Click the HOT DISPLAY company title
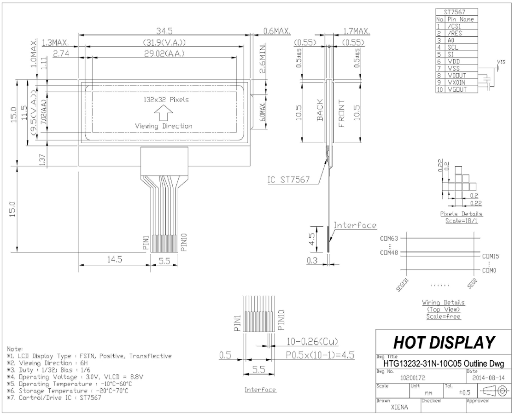coord(444,343)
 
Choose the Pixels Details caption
coord(462,214)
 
